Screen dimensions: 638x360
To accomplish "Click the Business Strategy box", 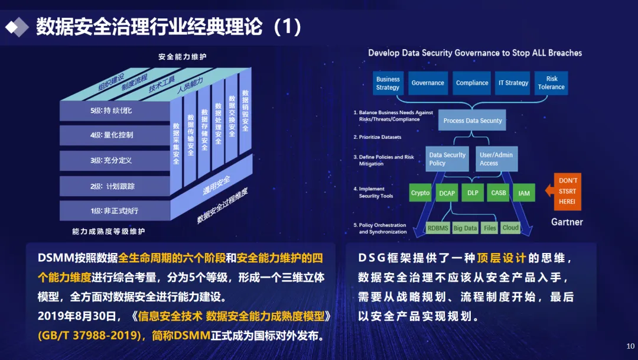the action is [388, 83].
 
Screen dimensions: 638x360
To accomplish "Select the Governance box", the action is [428, 83].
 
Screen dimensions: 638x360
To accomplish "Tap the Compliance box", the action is [472, 83].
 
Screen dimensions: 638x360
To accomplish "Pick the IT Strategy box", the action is [513, 83].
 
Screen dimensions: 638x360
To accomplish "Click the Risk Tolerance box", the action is [551, 83].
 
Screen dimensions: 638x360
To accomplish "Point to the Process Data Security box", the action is [473, 121].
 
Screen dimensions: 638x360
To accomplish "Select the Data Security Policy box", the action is [447, 159].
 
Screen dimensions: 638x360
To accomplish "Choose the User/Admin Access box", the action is [497, 159].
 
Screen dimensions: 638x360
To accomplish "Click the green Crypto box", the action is [421, 193].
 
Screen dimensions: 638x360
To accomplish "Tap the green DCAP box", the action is [447, 193].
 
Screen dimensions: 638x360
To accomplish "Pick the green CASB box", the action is [499, 193].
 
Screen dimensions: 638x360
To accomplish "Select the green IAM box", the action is [524, 193].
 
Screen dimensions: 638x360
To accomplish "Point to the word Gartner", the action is [567, 222].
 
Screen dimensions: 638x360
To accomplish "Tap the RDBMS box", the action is [438, 228].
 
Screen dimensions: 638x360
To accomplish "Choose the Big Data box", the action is [466, 228].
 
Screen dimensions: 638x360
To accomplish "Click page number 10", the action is [629, 346].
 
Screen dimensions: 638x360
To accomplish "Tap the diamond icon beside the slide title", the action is [17, 27].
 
